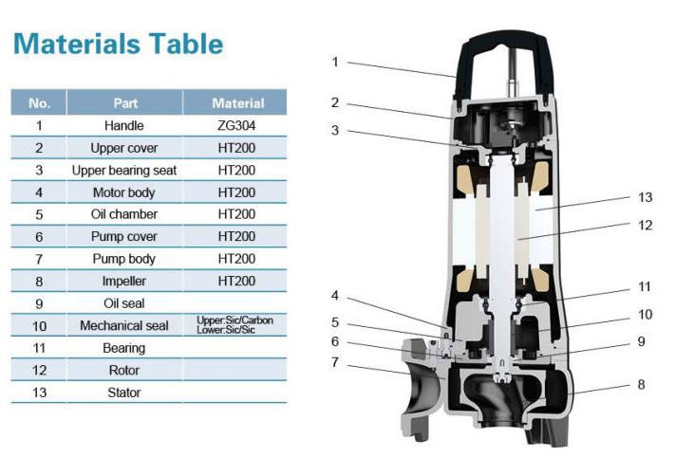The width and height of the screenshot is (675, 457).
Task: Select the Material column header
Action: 237,103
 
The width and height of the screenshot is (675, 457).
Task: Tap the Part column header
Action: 125,103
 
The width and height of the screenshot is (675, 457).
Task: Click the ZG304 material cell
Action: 236,125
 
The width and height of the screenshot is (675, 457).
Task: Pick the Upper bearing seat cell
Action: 124,171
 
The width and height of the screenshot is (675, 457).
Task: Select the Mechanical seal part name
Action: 124,325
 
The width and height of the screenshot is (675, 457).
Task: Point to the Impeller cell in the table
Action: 124,282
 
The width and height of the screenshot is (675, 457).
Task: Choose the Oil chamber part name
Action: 124,214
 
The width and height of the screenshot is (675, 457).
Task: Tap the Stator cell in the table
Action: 124,393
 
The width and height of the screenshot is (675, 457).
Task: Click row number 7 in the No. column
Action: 39,259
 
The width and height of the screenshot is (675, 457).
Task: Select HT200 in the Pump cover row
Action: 236,236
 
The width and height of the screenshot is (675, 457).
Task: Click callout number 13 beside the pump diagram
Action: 645,197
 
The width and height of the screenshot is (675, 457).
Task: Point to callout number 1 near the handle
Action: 335,63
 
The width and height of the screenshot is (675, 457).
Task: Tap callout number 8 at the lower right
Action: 641,384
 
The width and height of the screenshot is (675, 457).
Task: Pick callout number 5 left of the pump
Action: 335,322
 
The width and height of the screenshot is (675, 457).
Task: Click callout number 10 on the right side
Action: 645,314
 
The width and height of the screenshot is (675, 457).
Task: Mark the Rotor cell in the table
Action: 124,370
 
